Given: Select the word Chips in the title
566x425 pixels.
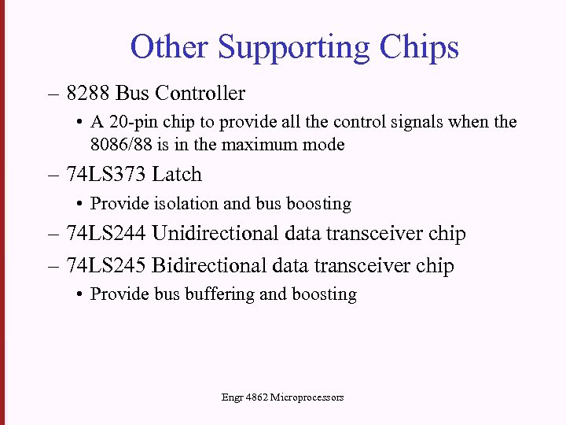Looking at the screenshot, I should click(419, 49).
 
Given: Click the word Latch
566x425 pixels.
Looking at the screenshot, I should click(177, 175).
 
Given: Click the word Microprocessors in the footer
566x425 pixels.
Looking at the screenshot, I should click(307, 397).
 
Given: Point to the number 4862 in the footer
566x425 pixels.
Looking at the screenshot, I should click(256, 397).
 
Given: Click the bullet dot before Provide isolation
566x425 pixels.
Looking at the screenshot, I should click(81, 205).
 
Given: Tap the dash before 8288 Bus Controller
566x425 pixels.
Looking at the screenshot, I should click(53, 94).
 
